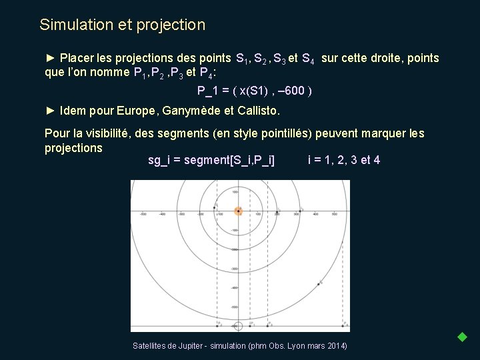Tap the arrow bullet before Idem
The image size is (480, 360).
[x=50, y=110]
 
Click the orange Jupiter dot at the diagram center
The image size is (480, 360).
[x=238, y=211]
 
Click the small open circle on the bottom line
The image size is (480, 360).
[x=238, y=325]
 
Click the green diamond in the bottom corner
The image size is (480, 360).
[x=462, y=337]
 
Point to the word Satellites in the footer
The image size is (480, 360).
[x=151, y=346]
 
